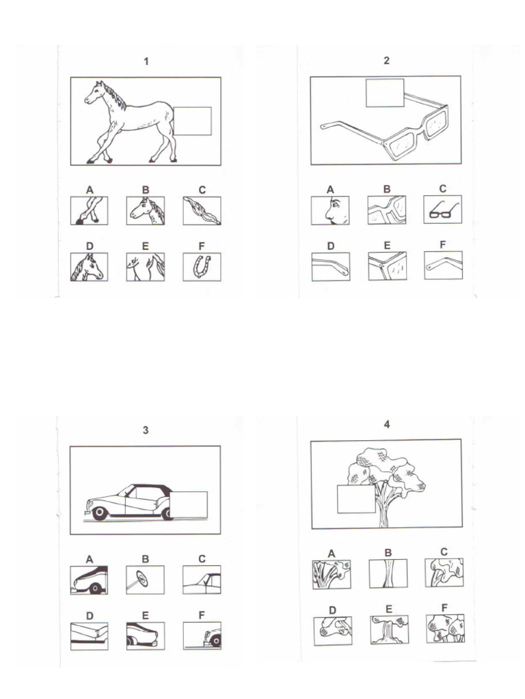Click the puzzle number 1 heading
pyautogui.click(x=146, y=62)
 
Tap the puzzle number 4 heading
pyautogui.click(x=387, y=425)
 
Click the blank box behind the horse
pyautogui.click(x=192, y=122)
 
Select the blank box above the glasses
pyautogui.click(x=385, y=93)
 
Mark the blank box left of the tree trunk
pyautogui.click(x=356, y=498)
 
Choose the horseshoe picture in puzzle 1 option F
pyautogui.click(x=202, y=267)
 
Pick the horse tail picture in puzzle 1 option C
pyautogui.click(x=202, y=210)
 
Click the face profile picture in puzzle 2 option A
pyautogui.click(x=329, y=210)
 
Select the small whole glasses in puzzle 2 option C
pyautogui.click(x=442, y=210)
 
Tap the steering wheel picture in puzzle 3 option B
pyautogui.click(x=145, y=580)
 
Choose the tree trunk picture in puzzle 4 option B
pyautogui.click(x=388, y=573)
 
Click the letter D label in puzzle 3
pyautogui.click(x=89, y=616)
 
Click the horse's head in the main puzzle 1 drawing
pyautogui.click(x=96, y=93)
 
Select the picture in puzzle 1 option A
pyautogui.click(x=89, y=210)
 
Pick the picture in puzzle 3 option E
pyautogui.click(x=145, y=636)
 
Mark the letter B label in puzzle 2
pyautogui.click(x=387, y=189)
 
